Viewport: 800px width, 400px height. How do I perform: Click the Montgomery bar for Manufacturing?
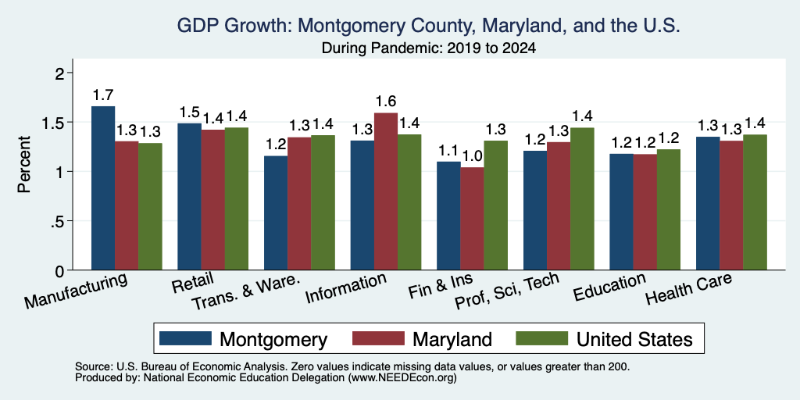click(103, 187)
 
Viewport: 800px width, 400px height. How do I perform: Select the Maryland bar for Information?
click(386, 191)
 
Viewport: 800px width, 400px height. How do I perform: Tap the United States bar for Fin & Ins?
click(496, 205)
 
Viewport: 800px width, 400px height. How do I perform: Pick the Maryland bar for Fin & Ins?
click(473, 219)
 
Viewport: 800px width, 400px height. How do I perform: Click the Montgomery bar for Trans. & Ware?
click(276, 212)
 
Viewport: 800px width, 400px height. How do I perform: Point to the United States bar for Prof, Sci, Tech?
click(582, 198)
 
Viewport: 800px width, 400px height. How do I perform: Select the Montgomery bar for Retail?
click(189, 196)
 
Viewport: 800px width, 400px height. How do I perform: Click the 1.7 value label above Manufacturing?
click(103, 95)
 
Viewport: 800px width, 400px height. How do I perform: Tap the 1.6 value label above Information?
click(386, 102)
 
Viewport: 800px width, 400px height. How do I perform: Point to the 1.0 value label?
click(473, 156)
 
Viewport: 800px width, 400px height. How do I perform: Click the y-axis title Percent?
click(24, 164)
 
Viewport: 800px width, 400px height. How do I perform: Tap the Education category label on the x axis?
click(610, 287)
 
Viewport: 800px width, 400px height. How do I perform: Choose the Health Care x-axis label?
click(689, 288)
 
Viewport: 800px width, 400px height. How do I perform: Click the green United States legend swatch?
click(542, 338)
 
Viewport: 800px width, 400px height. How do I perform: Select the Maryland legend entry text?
click(452, 339)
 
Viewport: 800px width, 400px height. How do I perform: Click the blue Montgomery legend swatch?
click(185, 338)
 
